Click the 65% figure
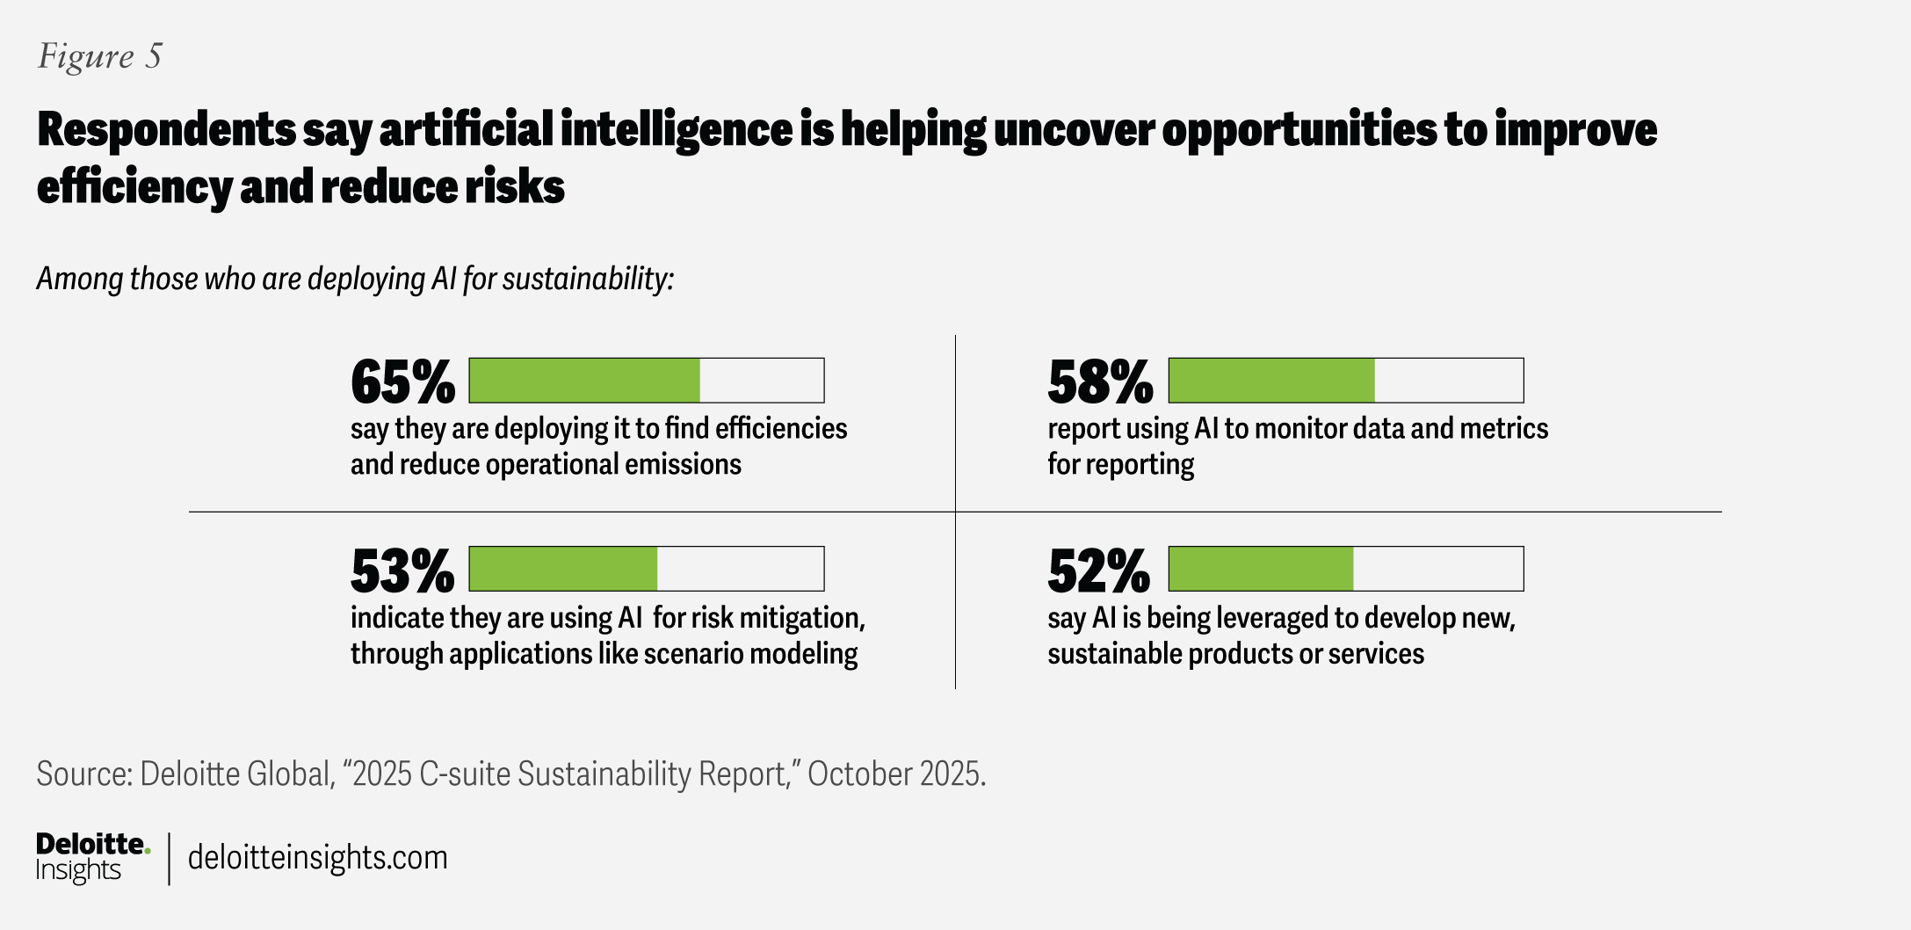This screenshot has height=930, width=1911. [x=402, y=382]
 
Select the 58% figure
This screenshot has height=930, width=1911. [x=1100, y=382]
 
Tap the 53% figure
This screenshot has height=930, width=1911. [x=402, y=571]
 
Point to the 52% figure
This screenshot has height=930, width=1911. [x=1098, y=571]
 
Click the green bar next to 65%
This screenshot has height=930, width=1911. [x=584, y=381]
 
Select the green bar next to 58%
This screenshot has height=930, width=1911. [x=1271, y=381]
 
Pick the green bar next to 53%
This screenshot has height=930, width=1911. [x=563, y=569]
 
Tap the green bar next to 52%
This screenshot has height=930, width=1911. [x=1261, y=569]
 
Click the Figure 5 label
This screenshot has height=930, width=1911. [x=100, y=56]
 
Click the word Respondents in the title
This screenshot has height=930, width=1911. [x=166, y=130]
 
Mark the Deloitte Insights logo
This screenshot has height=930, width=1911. [x=92, y=857]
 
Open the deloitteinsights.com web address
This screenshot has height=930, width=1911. [x=317, y=858]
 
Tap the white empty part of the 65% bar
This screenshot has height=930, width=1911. [x=762, y=381]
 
